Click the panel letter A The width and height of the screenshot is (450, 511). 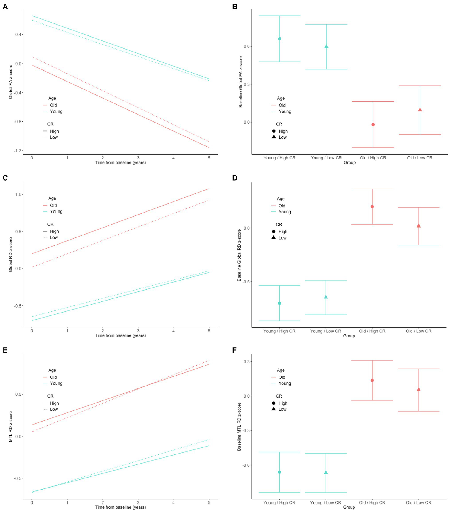pyautogui.click(x=5, y=6)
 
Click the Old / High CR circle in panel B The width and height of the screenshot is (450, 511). pyautogui.click(x=373, y=125)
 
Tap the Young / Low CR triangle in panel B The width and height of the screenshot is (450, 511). pyautogui.click(x=326, y=47)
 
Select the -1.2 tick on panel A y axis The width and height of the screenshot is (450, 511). pyautogui.click(x=18, y=151)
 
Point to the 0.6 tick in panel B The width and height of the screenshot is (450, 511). pyautogui.click(x=247, y=46)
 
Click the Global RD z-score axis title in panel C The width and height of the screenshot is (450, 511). pyautogui.click(x=11, y=254)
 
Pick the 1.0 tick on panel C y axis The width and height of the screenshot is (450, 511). pyautogui.click(x=18, y=194)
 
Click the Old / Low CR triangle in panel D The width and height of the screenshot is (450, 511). pyautogui.click(x=419, y=226)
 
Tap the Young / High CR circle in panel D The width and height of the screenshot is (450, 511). pyautogui.click(x=279, y=303)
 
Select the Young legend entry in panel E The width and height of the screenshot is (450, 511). pyautogui.click(x=56, y=383)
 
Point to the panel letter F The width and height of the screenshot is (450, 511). pyautogui.click(x=234, y=350)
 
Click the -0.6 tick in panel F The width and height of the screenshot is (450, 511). pyautogui.click(x=246, y=465)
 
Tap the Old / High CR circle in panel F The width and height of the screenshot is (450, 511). pyautogui.click(x=372, y=380)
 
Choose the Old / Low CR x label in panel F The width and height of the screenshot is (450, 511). pyautogui.click(x=418, y=502)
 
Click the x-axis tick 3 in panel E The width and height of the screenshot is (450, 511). pyautogui.click(x=138, y=502)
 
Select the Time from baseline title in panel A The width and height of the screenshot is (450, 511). pyautogui.click(x=120, y=162)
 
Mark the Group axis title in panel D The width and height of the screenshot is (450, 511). pyautogui.click(x=349, y=336)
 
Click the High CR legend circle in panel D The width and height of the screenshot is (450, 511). pyautogui.click(x=274, y=231)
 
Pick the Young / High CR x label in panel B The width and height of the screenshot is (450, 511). pyautogui.click(x=279, y=158)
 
